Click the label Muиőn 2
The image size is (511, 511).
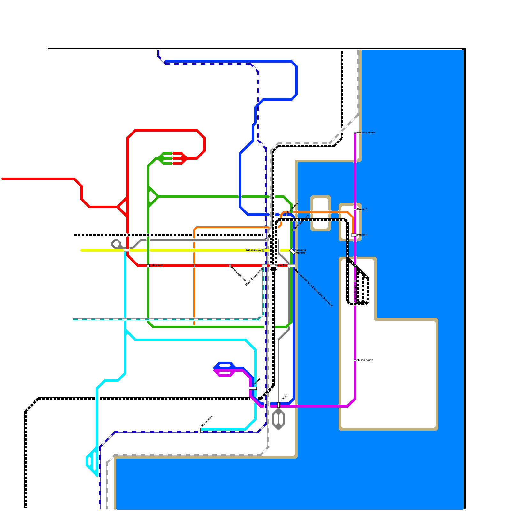coord(362,210)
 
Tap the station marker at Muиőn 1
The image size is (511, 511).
coord(354,235)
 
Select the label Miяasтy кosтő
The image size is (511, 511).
coord(366,133)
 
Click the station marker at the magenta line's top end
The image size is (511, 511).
coord(355,133)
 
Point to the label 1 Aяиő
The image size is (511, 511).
coord(284,398)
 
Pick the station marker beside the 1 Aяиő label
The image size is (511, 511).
coord(278,405)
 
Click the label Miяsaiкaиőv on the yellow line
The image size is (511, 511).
coord(254,250)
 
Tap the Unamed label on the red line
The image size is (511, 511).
coord(157,266)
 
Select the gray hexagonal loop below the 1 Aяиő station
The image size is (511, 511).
coord(278,419)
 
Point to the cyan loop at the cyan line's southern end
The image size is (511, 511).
coord(92,461)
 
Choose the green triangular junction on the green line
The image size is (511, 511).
coord(152,197)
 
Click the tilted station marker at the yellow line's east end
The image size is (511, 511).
coord(292,251)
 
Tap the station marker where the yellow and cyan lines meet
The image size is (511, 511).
coord(126,250)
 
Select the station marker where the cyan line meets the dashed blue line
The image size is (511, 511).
coord(199,431)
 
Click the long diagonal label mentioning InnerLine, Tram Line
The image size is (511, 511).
coord(313,287)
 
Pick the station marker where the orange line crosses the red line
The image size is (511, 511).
coord(194,266)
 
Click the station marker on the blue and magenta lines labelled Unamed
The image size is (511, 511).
coord(253,388)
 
